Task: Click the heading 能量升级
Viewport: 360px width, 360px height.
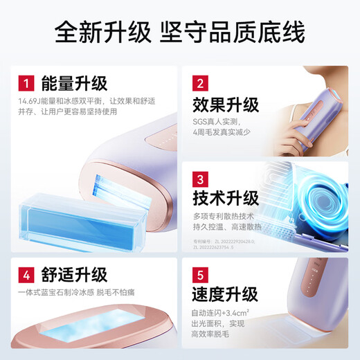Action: tap(75, 84)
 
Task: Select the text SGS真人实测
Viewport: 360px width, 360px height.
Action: tap(210, 123)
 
